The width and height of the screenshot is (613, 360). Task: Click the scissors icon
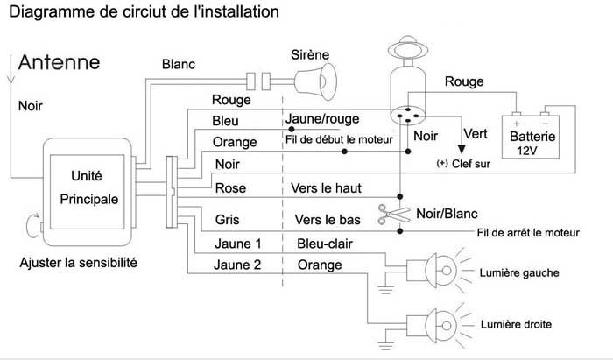pos(394,215)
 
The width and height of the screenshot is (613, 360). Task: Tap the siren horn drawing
pos(315,81)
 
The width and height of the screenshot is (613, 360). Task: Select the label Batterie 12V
pos(532,143)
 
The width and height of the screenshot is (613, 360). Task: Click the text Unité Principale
pos(88,187)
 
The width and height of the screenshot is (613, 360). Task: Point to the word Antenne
pos(59,62)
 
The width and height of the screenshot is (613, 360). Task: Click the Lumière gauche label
pos(519,272)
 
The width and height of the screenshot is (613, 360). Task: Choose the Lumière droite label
pos(516,324)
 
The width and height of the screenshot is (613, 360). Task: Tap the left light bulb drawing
pos(438,271)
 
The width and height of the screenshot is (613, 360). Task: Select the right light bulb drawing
pos(438,325)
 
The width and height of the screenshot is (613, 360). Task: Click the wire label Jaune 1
pos(237,244)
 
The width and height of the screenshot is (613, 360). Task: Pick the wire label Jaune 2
pos(237,265)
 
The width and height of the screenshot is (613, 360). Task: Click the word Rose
pos(230,188)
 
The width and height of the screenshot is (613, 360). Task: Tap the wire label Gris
pos(227,220)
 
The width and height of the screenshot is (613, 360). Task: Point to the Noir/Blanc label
pos(447,214)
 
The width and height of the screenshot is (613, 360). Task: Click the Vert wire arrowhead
pos(462,149)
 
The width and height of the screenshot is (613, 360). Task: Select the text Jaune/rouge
pos(322,119)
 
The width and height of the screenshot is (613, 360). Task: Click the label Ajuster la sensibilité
pos(78,262)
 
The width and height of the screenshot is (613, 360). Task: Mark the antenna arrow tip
pos(11,83)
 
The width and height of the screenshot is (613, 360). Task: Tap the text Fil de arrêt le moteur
pos(528,233)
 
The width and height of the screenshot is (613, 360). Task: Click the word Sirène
pos(310,54)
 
